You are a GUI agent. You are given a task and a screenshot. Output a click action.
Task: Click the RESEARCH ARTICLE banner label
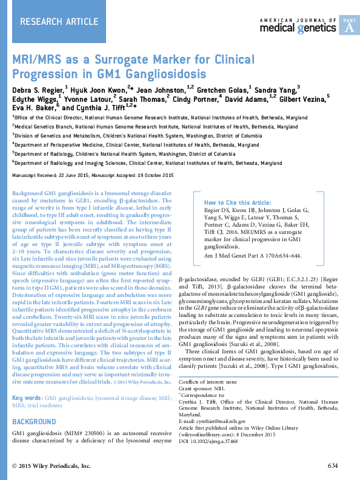[59, 22]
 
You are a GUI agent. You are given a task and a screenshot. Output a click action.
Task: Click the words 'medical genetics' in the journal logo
[297, 28]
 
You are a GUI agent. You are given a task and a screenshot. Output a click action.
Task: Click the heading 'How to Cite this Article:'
[237, 202]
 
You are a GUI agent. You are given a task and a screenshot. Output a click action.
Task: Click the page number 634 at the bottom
[333, 465]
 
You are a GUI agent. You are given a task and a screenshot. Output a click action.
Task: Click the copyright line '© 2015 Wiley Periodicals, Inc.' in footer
[52, 465]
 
